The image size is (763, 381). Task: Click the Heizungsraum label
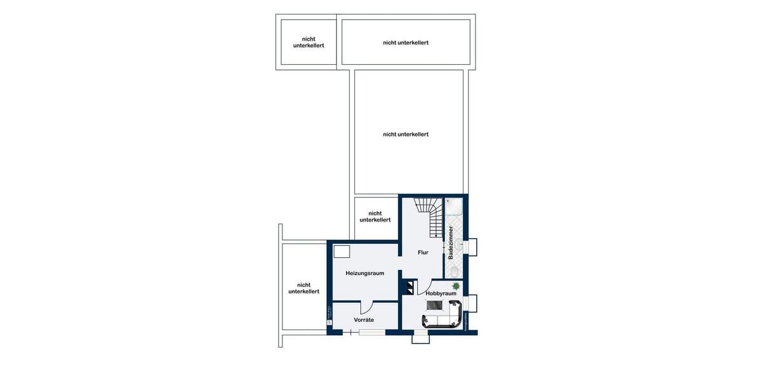(x=364, y=273)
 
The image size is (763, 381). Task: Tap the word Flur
(x=423, y=253)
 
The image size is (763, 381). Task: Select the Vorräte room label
(x=364, y=319)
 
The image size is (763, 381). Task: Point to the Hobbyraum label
(x=441, y=294)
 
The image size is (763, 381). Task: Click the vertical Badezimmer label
(x=451, y=242)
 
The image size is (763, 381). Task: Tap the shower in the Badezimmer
(x=455, y=208)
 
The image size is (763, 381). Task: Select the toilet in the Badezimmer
(x=454, y=272)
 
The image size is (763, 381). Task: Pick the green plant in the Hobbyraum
(x=455, y=286)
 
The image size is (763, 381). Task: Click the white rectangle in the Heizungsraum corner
(x=342, y=251)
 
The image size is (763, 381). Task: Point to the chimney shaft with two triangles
(x=408, y=287)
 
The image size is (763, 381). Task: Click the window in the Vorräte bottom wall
(x=371, y=332)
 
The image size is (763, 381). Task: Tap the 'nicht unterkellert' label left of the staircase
(x=375, y=217)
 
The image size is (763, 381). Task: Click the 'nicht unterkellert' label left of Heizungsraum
(x=304, y=288)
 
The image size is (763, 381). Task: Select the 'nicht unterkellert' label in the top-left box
(x=308, y=43)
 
